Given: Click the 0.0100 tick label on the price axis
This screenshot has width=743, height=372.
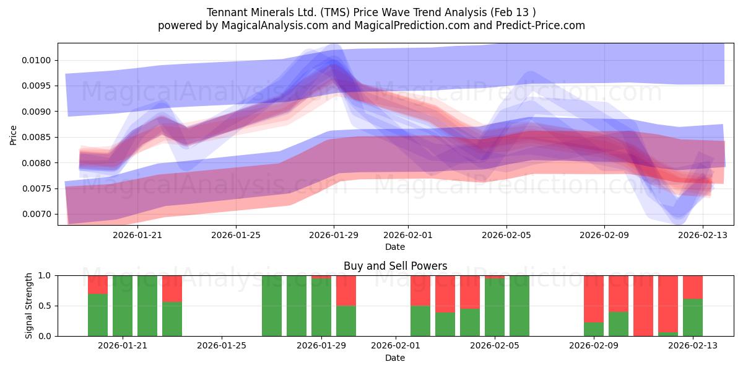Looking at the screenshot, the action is click(x=36, y=61).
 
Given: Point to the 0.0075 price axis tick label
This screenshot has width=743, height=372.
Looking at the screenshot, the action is click(x=36, y=188).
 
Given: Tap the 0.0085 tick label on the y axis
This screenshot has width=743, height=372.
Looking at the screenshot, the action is click(x=36, y=137).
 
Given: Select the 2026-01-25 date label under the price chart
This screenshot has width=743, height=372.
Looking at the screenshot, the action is click(x=236, y=235).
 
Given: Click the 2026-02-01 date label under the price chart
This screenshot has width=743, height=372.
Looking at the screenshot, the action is click(x=408, y=235).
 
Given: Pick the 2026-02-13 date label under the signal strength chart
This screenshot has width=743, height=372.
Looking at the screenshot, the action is click(x=693, y=345).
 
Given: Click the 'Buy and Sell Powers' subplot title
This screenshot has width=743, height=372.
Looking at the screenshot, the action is click(x=396, y=266).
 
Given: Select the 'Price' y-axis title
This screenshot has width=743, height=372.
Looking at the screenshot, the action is click(x=13, y=135).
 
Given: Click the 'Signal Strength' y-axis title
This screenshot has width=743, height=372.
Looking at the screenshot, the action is click(x=28, y=306).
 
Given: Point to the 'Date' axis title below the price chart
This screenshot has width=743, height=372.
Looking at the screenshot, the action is click(x=395, y=247).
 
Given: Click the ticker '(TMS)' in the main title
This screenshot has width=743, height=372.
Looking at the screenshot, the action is click(x=335, y=12).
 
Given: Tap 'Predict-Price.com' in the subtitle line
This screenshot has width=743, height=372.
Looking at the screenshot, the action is click(x=541, y=25).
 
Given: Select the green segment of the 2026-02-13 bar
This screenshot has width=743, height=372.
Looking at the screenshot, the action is click(x=693, y=317).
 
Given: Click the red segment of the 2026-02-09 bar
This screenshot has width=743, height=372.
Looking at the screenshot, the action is click(x=594, y=299).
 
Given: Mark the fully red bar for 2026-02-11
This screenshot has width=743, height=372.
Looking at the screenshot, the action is click(x=643, y=306).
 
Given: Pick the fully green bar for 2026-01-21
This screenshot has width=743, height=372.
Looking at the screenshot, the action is click(x=123, y=306).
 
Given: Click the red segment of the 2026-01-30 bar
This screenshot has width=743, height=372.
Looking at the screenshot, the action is click(x=346, y=291).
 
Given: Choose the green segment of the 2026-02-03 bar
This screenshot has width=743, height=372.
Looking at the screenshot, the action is click(x=445, y=324).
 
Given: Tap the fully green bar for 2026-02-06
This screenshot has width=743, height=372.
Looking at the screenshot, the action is click(x=519, y=306).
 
